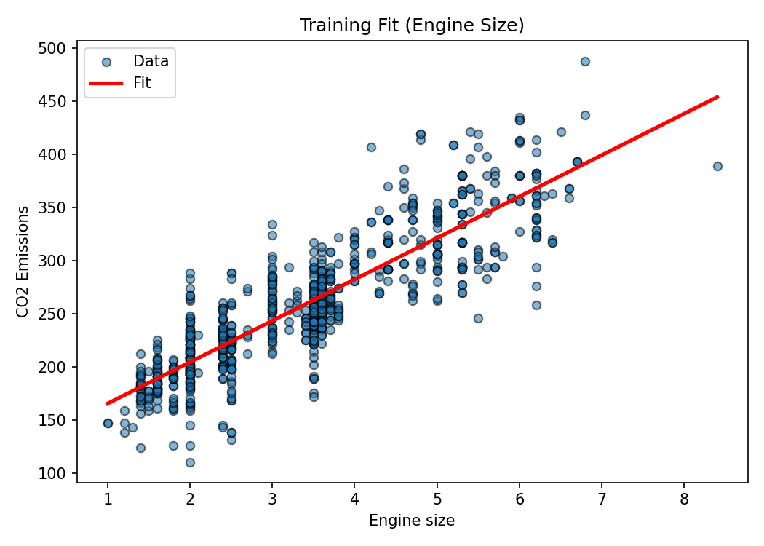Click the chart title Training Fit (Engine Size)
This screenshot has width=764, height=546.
412,25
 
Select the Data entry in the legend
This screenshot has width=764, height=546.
151,61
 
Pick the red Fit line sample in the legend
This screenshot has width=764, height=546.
106,84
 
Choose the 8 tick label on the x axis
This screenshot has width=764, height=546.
684,499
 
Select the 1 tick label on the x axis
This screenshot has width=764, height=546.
108,499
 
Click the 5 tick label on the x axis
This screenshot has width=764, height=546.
437,499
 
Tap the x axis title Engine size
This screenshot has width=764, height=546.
412,521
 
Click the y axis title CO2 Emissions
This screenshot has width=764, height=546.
23,261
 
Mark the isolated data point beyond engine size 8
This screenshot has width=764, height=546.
717,166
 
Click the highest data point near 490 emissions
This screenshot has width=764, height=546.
585,61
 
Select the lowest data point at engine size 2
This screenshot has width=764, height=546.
190,462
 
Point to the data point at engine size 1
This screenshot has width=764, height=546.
108,423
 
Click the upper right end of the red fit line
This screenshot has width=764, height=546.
717,97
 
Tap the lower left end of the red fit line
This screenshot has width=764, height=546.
108,403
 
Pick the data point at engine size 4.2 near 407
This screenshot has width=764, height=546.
371,147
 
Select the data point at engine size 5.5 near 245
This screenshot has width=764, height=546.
478,318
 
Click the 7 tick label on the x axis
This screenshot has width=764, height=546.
602,499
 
